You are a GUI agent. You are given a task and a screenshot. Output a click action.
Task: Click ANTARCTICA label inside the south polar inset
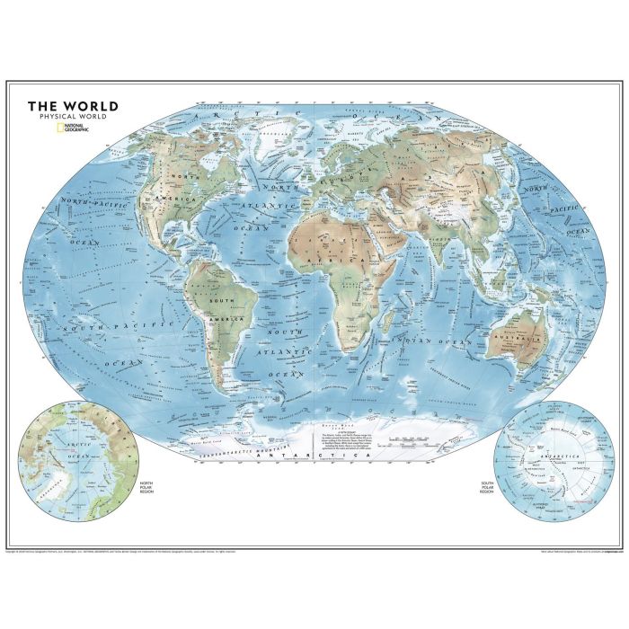click(557, 457)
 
